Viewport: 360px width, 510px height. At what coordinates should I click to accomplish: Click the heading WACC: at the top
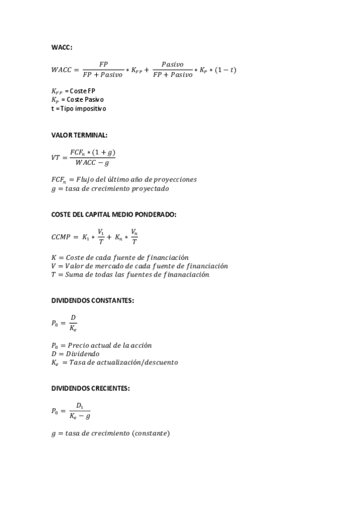click(x=61, y=47)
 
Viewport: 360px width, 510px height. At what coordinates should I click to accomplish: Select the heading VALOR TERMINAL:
click(x=79, y=135)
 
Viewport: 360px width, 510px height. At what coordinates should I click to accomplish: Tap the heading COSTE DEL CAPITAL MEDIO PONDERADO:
click(x=114, y=214)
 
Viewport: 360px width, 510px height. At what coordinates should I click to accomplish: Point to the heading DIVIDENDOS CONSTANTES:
click(x=93, y=300)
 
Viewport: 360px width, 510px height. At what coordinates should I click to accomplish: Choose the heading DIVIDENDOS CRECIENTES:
click(x=90, y=389)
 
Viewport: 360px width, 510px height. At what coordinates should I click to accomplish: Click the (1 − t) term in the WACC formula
click(x=226, y=70)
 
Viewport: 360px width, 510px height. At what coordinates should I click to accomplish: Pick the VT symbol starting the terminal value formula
click(x=56, y=157)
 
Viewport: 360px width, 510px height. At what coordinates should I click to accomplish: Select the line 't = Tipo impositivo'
click(x=79, y=109)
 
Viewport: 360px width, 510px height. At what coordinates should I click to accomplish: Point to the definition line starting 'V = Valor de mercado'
click(x=139, y=266)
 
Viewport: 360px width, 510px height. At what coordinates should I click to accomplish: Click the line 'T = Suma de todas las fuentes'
click(x=130, y=274)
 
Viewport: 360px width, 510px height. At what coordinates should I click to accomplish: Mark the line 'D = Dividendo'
click(x=75, y=354)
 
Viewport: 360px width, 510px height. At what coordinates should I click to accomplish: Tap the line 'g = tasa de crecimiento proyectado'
click(x=110, y=188)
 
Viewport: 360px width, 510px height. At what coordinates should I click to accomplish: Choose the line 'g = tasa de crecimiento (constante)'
click(x=111, y=433)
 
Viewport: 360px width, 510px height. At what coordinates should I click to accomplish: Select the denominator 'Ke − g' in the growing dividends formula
click(x=80, y=416)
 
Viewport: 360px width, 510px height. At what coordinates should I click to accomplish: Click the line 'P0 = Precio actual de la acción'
click(x=102, y=346)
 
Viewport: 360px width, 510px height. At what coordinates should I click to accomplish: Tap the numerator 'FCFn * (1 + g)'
click(x=92, y=152)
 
